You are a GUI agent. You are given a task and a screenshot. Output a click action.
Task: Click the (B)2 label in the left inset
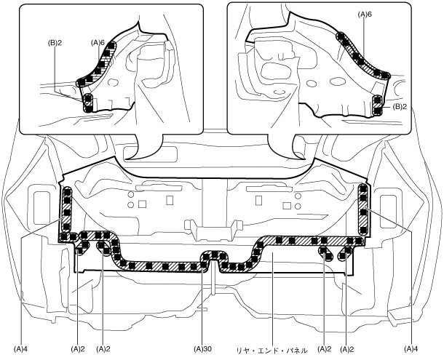click(54, 42)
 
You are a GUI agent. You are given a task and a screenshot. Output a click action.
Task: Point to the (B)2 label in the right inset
click(400, 106)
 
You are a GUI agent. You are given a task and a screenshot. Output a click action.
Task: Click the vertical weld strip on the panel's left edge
click(66, 211)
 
